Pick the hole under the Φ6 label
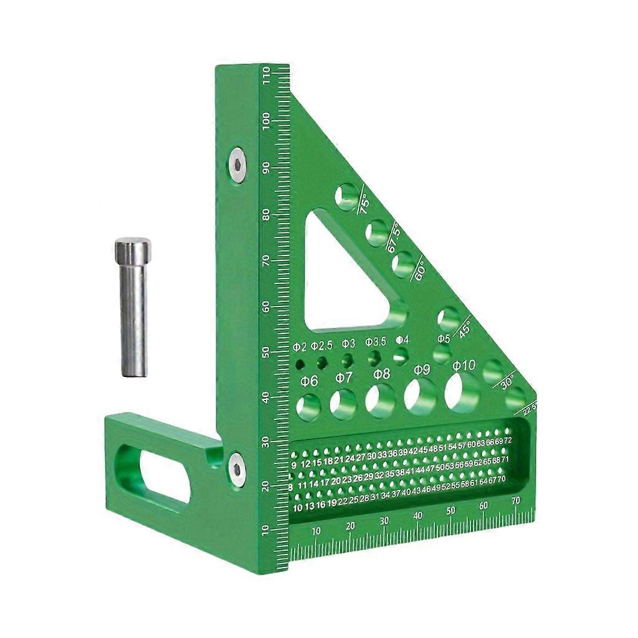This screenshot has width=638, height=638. (x=308, y=407)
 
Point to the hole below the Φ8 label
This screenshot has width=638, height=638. (x=380, y=400)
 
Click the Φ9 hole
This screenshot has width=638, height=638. (x=421, y=396)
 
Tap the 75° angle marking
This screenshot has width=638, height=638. (x=363, y=204)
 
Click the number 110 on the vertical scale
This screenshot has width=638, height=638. (x=267, y=76)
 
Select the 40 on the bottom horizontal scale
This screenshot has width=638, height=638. (x=417, y=516)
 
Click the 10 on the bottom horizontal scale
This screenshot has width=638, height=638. (x=316, y=531)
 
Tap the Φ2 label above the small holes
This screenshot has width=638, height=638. (x=300, y=346)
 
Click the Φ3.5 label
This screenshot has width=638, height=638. (x=375, y=342)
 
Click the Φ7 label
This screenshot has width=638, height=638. (x=343, y=377)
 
